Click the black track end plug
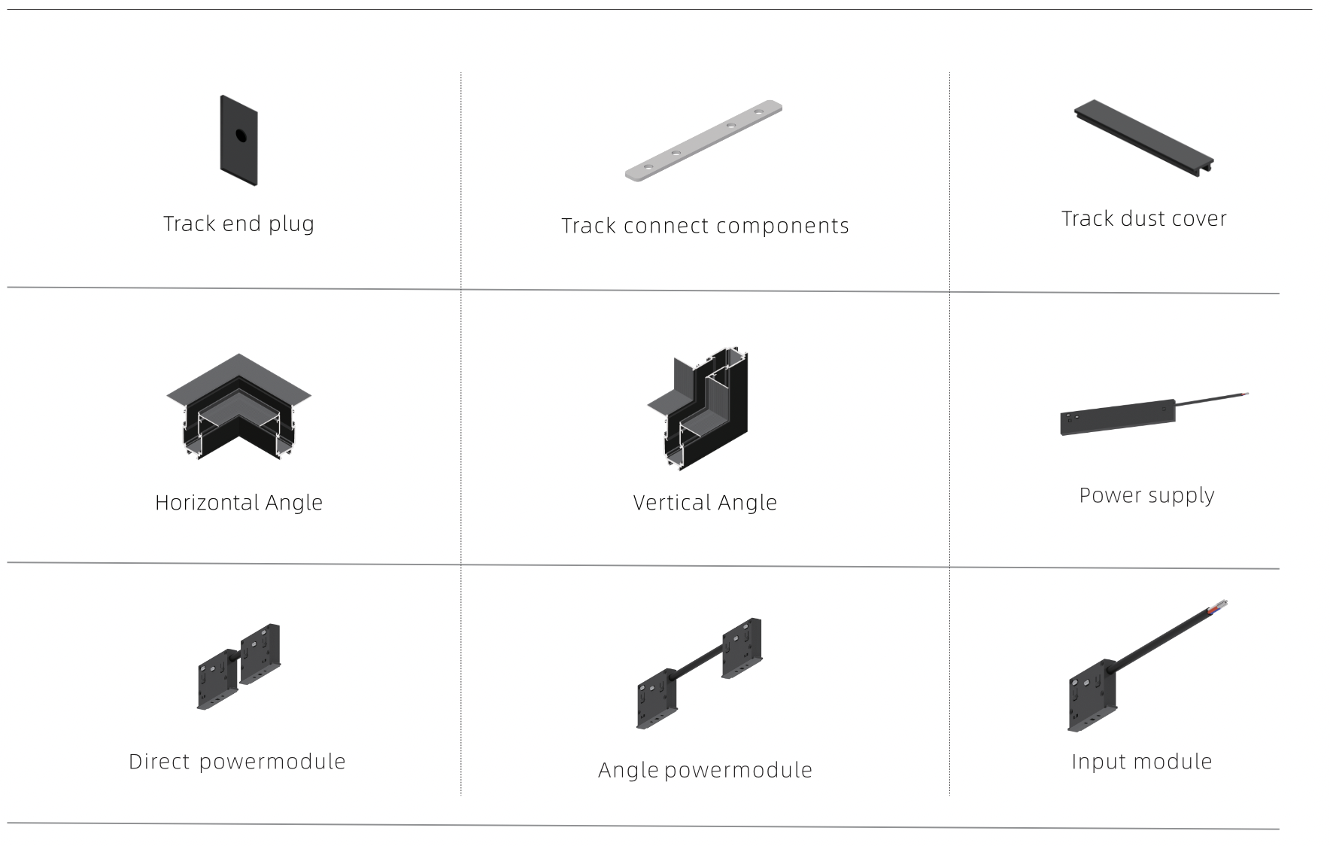tap(238, 141)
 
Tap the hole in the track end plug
tap(241, 135)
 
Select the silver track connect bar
tap(703, 141)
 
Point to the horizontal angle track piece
tap(238, 406)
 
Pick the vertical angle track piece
tap(698, 409)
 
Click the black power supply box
tap(1118, 417)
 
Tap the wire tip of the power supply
tap(1245, 394)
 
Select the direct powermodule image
tap(238, 666)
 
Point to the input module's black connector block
tap(1092, 695)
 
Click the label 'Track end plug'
tap(239, 224)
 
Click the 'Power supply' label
tap(1147, 496)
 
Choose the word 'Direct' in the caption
tap(159, 762)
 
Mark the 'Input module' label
tap(1142, 762)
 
